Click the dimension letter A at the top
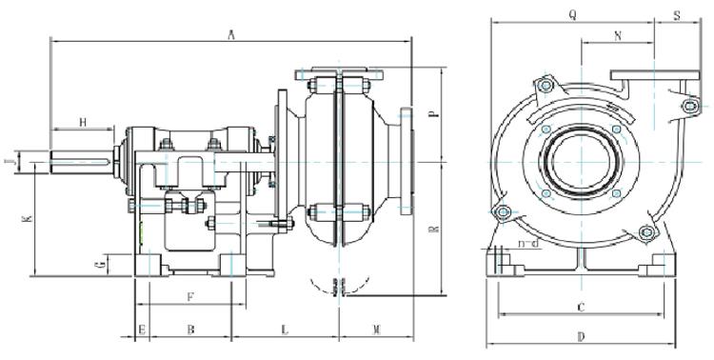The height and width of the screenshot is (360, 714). point(230,34)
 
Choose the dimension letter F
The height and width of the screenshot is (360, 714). point(189,297)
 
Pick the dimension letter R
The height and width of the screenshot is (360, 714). point(433,229)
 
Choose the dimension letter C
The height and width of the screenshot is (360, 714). point(580,307)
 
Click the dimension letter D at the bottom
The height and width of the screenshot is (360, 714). point(580,336)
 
